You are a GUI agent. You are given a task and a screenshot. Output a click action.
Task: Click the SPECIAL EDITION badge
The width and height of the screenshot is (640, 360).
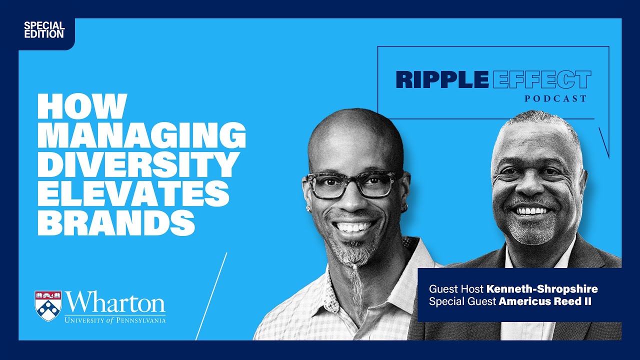point(44,30)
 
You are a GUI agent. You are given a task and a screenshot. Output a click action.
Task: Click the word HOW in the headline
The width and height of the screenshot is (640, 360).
point(81,106)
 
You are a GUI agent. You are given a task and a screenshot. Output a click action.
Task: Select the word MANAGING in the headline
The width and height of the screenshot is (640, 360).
point(141,134)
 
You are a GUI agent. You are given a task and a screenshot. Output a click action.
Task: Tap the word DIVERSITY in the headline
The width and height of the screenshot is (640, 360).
point(138,163)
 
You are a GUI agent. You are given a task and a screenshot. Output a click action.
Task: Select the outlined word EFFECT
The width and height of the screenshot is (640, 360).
point(541,80)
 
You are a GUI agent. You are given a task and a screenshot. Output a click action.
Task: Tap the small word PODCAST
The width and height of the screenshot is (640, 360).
point(555,99)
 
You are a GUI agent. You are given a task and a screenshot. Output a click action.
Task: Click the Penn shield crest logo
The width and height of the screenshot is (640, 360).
point(48,305)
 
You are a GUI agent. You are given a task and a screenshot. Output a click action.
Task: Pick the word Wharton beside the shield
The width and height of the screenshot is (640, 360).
point(115,303)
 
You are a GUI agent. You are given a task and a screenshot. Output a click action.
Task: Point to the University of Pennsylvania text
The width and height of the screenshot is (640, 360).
point(115,320)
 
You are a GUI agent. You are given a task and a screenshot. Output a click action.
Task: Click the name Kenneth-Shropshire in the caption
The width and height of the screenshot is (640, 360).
point(542,289)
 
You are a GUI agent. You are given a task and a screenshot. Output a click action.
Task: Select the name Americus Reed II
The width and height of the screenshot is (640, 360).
point(545,302)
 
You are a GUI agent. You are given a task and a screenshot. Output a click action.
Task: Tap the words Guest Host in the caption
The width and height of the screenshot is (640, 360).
point(456,289)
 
